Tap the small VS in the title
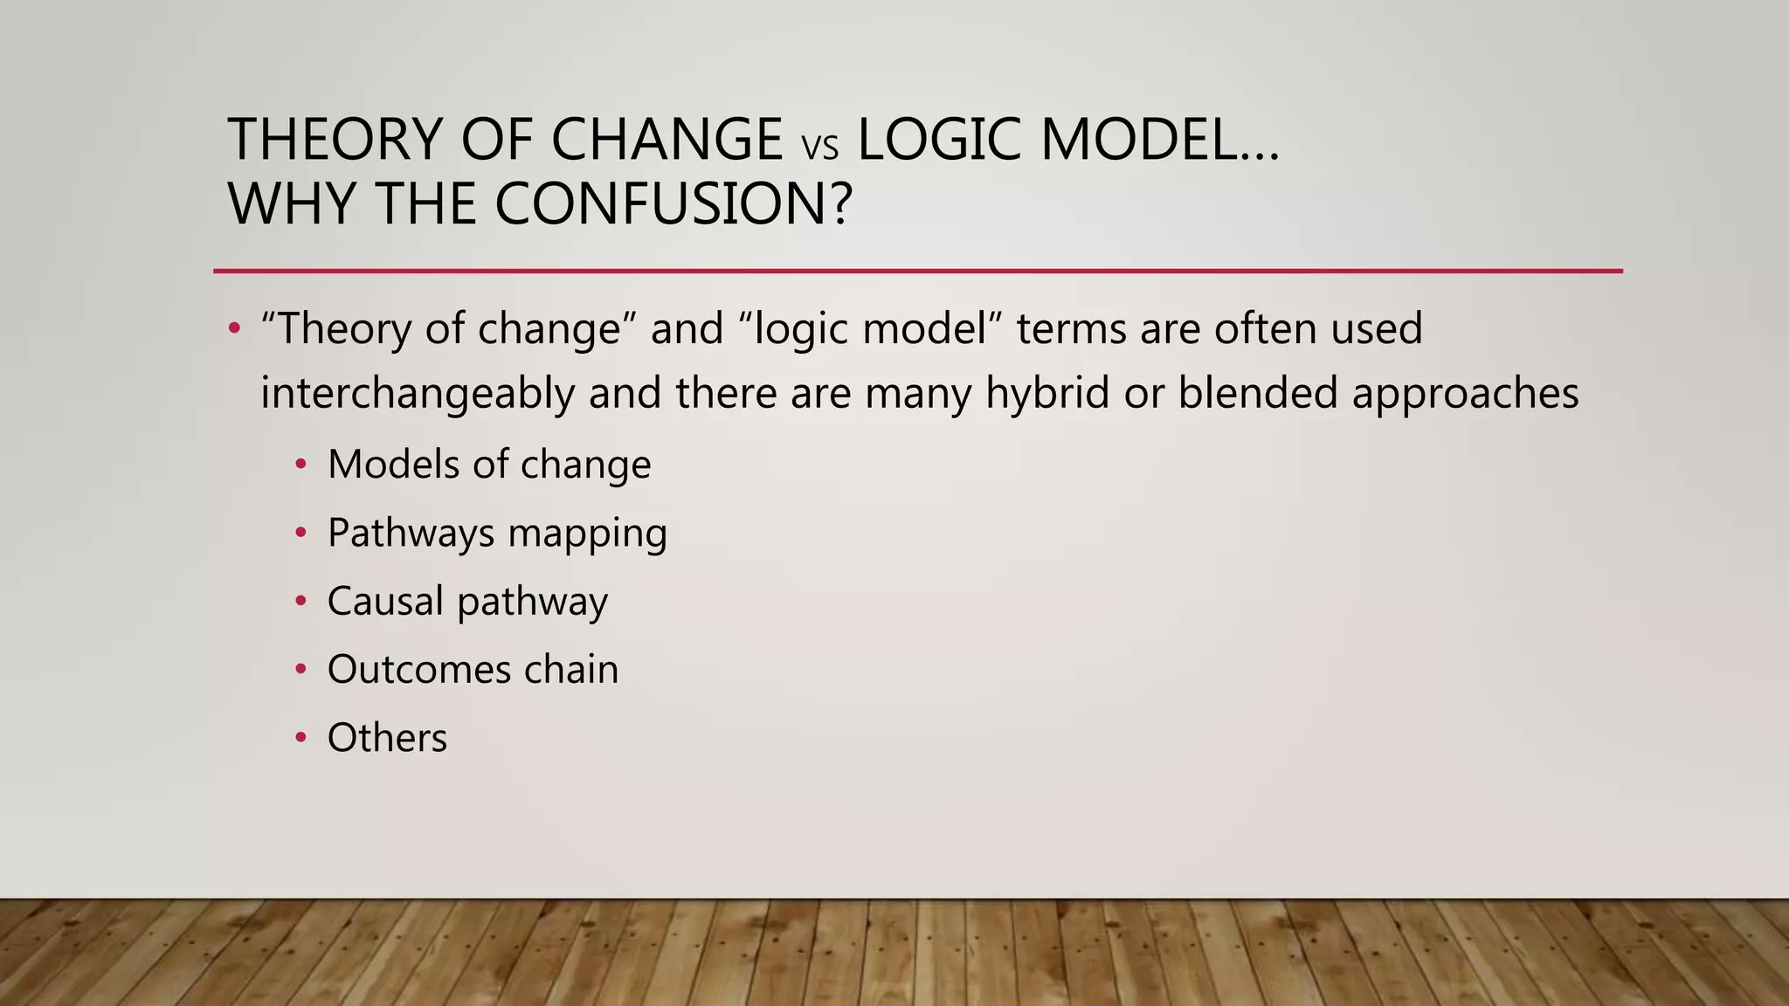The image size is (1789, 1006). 819,148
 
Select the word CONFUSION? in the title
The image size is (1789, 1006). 673,204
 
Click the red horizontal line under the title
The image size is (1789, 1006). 917,272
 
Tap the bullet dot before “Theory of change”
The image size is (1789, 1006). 233,329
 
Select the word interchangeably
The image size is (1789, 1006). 418,393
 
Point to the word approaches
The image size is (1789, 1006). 1465,395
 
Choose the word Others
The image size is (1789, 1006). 387,738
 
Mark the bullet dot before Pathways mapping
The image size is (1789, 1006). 301,533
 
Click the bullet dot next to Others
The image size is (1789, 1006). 301,738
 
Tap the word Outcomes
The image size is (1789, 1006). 419,670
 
